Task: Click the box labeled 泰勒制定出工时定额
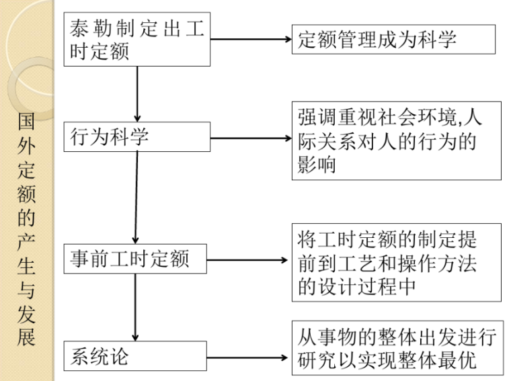pyautogui.click(x=137, y=40)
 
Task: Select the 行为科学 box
pyautogui.click(x=137, y=137)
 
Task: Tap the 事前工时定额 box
pyautogui.click(x=137, y=259)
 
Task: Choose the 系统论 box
pyautogui.click(x=137, y=356)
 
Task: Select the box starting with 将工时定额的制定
pyautogui.click(x=397, y=262)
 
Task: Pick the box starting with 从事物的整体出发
pyautogui.click(x=397, y=347)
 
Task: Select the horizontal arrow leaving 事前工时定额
pyautogui.click(x=249, y=260)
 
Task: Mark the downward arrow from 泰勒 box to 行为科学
pyautogui.click(x=137, y=93)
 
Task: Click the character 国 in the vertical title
pyautogui.click(x=26, y=124)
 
